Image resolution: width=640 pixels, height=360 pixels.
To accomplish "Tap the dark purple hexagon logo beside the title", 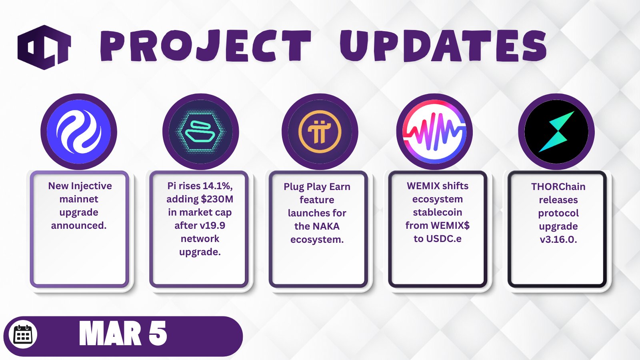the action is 44,48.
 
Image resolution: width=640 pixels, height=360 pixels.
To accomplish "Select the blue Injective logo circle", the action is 79,132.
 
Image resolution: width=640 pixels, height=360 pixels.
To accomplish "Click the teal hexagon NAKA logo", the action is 200,132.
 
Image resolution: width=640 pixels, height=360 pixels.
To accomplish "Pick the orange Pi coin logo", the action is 320,132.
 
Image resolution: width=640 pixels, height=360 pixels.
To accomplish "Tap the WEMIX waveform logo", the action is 434,132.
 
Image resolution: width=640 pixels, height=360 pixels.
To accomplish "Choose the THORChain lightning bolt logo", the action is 556,132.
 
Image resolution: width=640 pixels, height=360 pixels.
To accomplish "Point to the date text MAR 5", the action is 123,334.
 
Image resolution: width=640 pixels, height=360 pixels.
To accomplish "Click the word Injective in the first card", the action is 92,186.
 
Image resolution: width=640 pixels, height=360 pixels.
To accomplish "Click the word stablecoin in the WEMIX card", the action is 438,212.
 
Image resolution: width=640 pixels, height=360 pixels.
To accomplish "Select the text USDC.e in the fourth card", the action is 444,238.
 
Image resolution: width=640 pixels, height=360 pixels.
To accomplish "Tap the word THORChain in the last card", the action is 558,186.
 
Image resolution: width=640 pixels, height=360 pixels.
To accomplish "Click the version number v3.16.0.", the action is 558,240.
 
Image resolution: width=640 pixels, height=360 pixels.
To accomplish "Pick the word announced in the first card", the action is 78,226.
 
